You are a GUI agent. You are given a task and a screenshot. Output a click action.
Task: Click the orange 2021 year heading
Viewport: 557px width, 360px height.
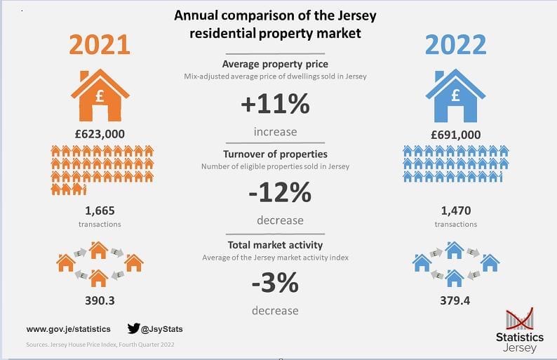click(x=100, y=45)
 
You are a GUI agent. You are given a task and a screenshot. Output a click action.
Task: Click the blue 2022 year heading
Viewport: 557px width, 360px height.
click(x=456, y=45)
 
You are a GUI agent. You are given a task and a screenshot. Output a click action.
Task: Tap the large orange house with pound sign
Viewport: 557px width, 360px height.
click(x=100, y=95)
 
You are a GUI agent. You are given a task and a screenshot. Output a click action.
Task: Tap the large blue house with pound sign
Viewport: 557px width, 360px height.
click(x=455, y=95)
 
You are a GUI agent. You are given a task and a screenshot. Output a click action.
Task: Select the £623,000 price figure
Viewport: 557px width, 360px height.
click(x=100, y=134)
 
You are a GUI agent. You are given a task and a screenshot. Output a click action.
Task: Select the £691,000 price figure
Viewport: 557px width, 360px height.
click(x=456, y=135)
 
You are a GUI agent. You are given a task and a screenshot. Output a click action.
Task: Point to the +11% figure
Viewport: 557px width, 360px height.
click(x=275, y=104)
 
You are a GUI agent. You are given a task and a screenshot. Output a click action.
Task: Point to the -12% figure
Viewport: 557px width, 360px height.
click(x=280, y=192)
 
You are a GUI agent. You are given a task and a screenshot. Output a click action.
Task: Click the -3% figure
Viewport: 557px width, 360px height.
click(x=275, y=283)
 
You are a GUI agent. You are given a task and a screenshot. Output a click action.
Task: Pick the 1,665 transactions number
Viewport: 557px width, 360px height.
click(x=100, y=211)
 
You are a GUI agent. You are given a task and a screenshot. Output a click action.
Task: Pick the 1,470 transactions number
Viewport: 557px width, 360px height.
click(x=456, y=211)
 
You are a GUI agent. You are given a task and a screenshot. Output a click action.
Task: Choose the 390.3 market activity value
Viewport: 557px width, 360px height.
click(x=100, y=300)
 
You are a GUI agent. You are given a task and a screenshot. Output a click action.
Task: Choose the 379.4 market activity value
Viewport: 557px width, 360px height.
click(x=455, y=300)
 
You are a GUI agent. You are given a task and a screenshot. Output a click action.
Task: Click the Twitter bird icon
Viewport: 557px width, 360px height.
click(x=133, y=328)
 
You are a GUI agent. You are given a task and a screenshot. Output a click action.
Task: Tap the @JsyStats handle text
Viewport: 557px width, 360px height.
click(x=162, y=329)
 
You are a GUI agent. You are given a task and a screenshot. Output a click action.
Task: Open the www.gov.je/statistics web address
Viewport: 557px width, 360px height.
click(x=69, y=329)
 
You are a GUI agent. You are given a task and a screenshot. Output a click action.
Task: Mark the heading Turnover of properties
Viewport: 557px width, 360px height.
click(x=275, y=154)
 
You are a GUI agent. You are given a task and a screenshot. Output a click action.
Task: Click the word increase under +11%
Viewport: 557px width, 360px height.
click(x=275, y=132)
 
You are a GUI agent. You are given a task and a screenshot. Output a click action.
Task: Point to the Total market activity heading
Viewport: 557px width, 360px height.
click(x=275, y=245)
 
